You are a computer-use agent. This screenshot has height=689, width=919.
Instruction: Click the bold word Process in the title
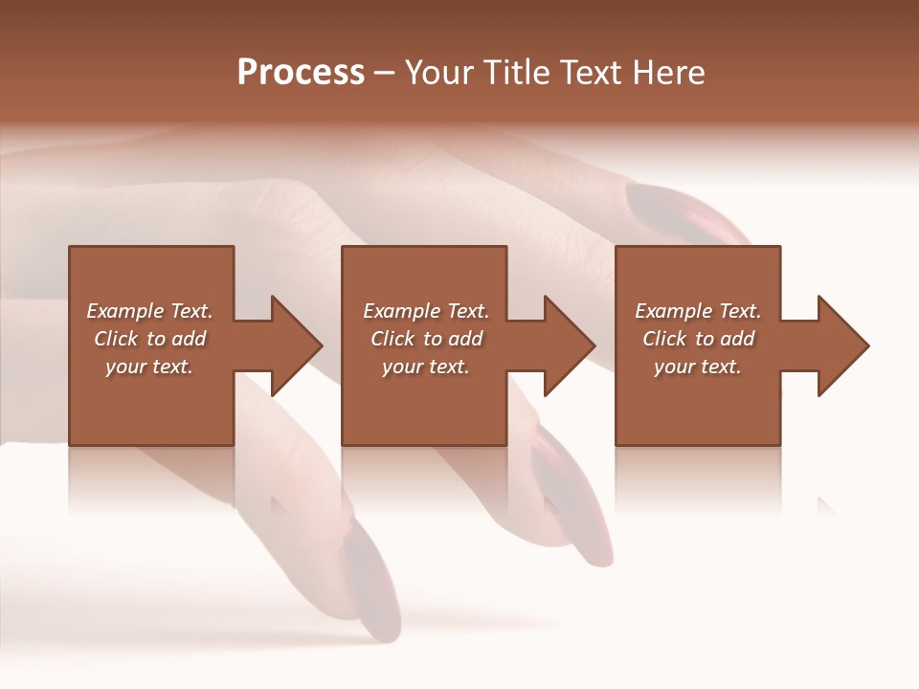[x=301, y=73]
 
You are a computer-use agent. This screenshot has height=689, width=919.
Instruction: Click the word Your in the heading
[x=439, y=73]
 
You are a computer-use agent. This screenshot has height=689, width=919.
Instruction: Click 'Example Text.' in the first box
[x=149, y=311]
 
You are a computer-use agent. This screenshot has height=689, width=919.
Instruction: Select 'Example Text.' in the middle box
[x=426, y=311]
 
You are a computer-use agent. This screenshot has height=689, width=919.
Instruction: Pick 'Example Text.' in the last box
[x=698, y=311]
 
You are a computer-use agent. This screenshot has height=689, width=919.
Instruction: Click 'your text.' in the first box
[x=149, y=367]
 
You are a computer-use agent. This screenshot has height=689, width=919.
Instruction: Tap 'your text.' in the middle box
[x=426, y=367]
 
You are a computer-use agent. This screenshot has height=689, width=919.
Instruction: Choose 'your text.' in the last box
[x=698, y=367]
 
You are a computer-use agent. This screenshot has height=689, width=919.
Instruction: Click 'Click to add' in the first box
[x=149, y=339]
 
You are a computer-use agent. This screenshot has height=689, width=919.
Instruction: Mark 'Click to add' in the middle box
[x=426, y=339]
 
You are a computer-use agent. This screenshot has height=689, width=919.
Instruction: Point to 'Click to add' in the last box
[x=698, y=339]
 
